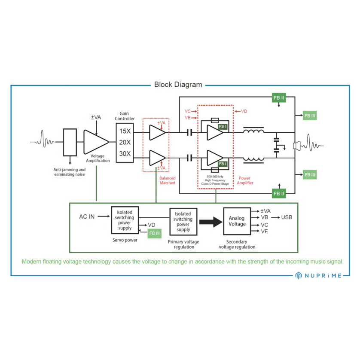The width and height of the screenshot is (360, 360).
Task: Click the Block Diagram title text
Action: pyautogui.click(x=178, y=85)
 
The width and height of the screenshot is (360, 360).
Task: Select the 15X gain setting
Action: pyautogui.click(x=125, y=131)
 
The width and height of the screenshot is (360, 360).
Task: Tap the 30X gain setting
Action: pyautogui.click(x=125, y=154)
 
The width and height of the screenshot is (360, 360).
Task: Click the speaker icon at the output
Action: pyautogui.click(x=297, y=145)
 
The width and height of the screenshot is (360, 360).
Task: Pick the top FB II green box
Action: pyautogui.click(x=278, y=98)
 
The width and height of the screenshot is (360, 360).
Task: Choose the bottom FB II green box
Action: pyautogui.click(x=278, y=194)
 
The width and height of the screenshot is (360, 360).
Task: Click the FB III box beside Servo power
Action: pyautogui.click(x=154, y=233)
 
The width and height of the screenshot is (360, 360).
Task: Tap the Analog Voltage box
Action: pyautogui.click(x=237, y=221)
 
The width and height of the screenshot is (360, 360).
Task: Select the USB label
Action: pyautogui.click(x=287, y=217)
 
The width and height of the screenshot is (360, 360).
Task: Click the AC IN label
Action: pyautogui.click(x=87, y=217)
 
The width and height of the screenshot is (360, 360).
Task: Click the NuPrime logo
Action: pyautogui.click(x=319, y=275)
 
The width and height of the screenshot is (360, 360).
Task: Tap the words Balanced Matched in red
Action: pyautogui.click(x=167, y=180)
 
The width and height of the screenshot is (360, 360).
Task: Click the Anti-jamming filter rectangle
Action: pyautogui.click(x=70, y=142)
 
